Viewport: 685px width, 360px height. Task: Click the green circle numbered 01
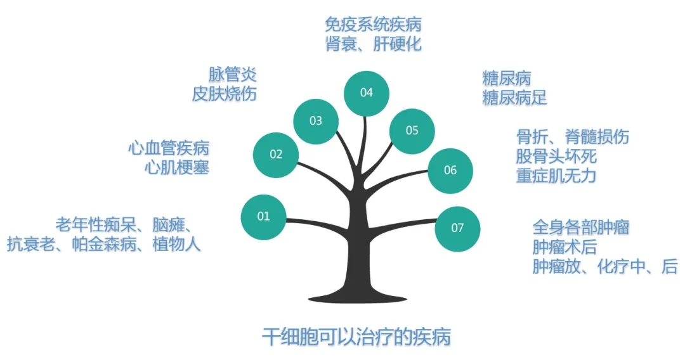263,217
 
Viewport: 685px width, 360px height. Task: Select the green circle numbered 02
276,155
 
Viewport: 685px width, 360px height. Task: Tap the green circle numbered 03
315,121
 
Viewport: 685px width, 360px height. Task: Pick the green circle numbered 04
366,93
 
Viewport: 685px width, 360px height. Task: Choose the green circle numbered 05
412,131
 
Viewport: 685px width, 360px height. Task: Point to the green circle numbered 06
450,170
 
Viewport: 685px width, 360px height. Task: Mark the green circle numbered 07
457,228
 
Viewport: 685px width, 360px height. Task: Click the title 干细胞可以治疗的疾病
356,337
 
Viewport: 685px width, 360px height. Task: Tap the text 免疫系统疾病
373,25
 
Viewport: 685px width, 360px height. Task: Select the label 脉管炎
232,74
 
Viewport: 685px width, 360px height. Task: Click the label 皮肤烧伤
224,94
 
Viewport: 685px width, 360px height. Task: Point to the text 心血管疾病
169,148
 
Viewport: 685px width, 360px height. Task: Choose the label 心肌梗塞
177,167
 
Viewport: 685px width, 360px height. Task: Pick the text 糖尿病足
514,98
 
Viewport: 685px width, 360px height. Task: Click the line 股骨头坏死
556,156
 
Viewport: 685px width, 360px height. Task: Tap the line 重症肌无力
556,176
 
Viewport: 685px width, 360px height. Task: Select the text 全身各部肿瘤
580,228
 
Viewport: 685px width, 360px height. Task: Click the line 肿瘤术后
564,247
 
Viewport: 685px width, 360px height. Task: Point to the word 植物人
176,244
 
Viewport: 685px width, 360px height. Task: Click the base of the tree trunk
357,299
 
